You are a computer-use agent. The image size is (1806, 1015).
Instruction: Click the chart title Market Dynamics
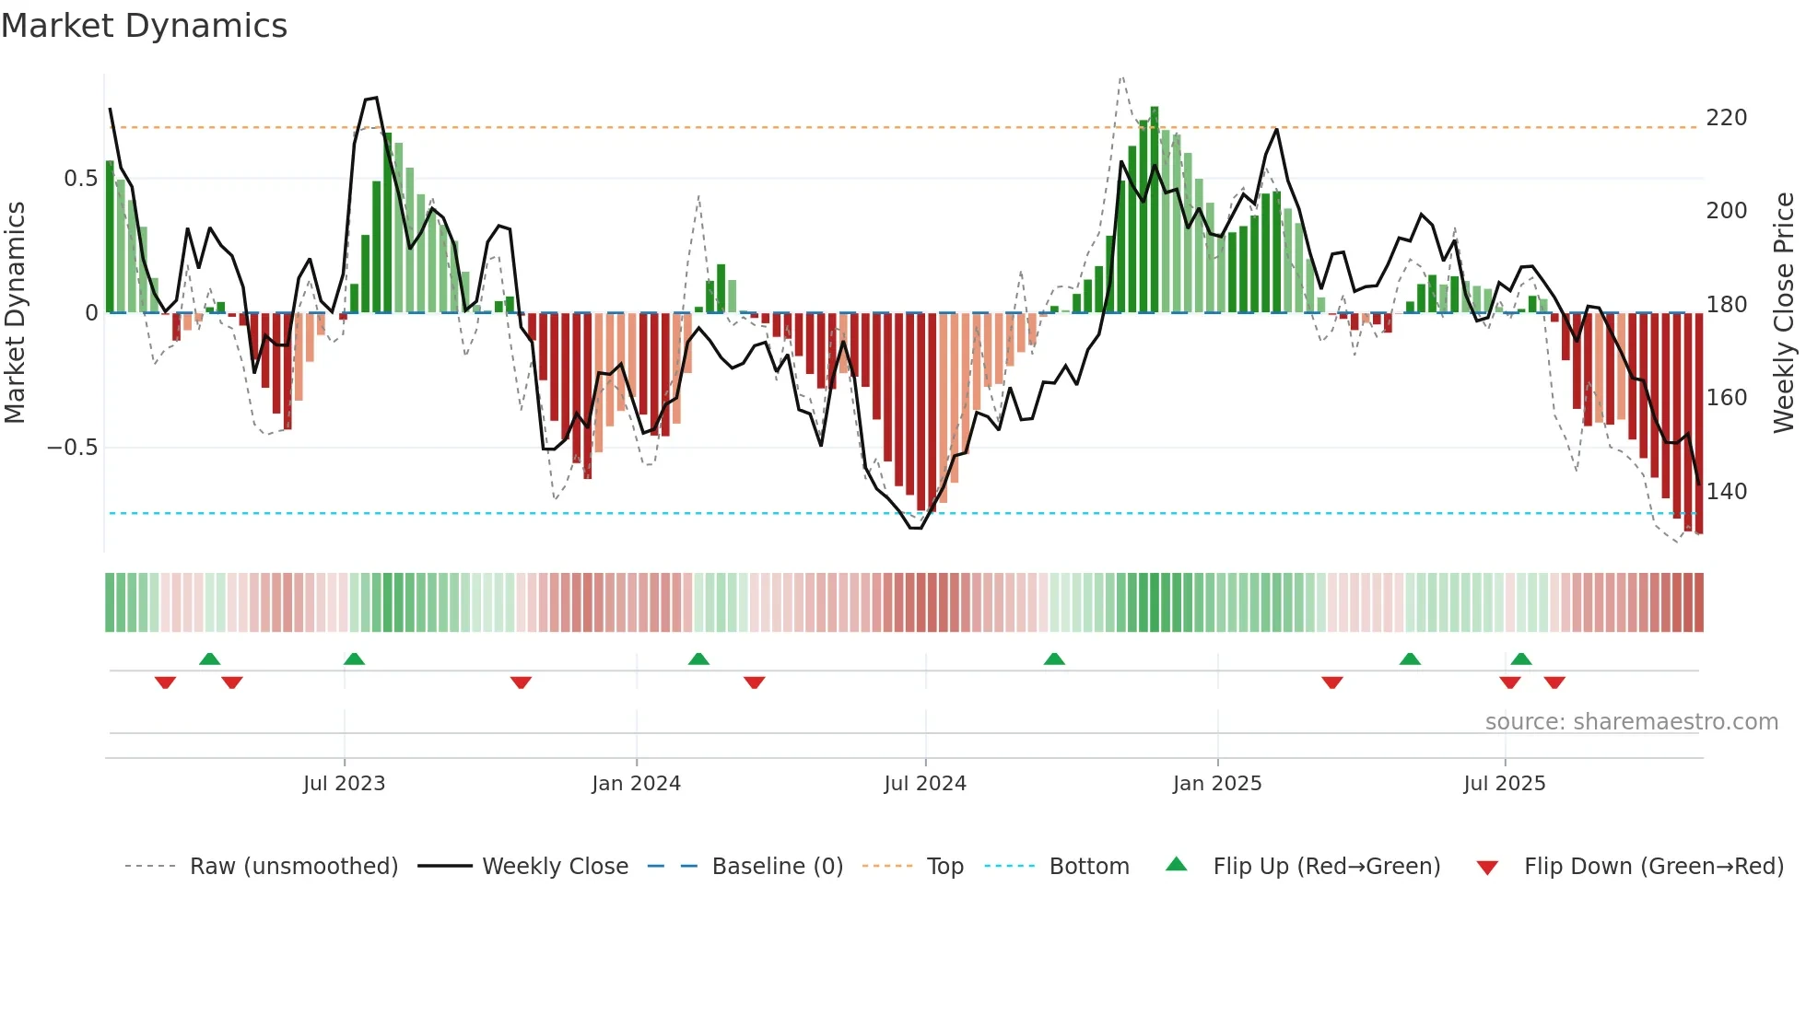[x=145, y=26]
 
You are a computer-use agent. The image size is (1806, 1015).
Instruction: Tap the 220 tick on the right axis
[x=1726, y=118]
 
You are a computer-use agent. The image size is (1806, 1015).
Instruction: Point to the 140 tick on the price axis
[x=1726, y=492]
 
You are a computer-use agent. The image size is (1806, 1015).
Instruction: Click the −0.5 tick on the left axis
[x=72, y=448]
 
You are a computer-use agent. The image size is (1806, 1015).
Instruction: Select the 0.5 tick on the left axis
[x=80, y=179]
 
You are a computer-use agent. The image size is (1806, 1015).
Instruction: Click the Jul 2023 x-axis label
[x=344, y=784]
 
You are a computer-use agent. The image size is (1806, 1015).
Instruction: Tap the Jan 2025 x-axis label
[x=1216, y=784]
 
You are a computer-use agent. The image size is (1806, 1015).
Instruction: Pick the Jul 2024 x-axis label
[x=924, y=784]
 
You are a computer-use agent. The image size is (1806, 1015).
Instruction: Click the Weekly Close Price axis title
[x=1784, y=313]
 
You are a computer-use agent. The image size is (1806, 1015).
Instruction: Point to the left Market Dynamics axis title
[x=15, y=313]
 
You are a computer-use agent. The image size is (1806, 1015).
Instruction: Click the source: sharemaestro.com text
[x=1631, y=722]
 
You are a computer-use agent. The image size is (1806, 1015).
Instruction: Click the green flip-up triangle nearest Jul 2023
[x=354, y=659]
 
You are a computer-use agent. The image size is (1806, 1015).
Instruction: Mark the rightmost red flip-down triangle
[x=1554, y=682]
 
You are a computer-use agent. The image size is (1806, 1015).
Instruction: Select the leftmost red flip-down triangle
[x=165, y=682]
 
